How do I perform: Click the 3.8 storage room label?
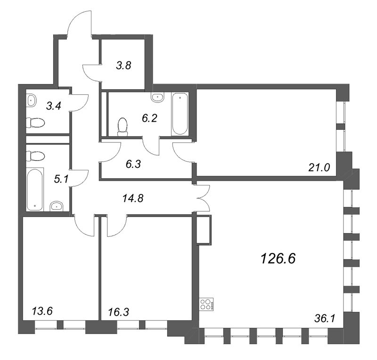point(123,66)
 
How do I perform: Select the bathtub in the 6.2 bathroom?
point(180,114)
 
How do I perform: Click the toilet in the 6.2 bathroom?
point(123,126)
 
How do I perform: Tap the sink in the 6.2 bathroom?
point(157,98)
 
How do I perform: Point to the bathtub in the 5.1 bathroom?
point(35,189)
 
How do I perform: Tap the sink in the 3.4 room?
point(32,100)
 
